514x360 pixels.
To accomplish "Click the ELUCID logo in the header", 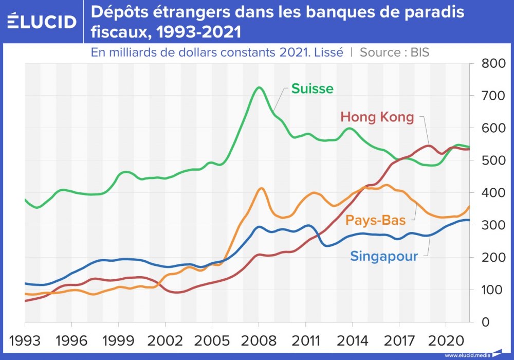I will pyautogui.click(x=42, y=22).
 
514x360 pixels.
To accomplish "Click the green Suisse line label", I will pyautogui.click(x=312, y=88).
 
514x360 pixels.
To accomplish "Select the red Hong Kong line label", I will pyautogui.click(x=377, y=117).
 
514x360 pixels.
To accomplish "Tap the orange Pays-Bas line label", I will pyautogui.click(x=376, y=220).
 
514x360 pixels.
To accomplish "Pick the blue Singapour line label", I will pyautogui.click(x=384, y=256).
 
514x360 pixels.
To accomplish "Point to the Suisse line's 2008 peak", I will pyautogui.click(x=259, y=87).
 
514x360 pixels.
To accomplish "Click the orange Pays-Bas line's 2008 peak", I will pyautogui.click(x=261, y=188).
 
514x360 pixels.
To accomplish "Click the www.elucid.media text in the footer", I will pyautogui.click(x=467, y=355).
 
